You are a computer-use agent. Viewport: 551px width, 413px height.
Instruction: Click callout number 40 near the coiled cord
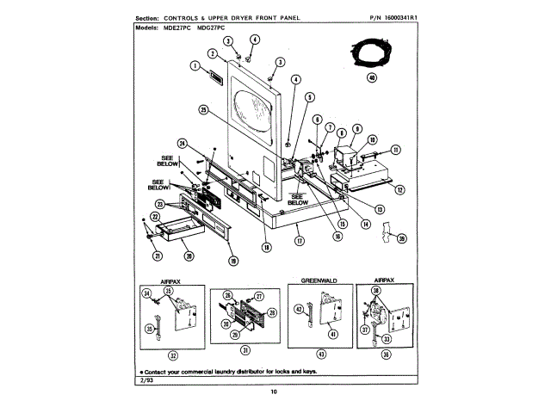[372, 77]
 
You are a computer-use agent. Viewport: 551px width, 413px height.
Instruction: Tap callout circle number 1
[195, 65]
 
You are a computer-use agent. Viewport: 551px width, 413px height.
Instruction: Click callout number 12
[401, 188]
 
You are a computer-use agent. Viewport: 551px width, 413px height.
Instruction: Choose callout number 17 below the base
[299, 242]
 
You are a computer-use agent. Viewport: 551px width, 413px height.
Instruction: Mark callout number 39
[402, 238]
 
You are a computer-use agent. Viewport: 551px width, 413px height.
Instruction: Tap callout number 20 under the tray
[189, 256]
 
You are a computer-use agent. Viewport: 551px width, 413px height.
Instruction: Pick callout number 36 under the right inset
[385, 354]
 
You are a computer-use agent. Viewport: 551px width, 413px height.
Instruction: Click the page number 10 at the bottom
[274, 393]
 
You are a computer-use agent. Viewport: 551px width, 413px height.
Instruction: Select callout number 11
[396, 149]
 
